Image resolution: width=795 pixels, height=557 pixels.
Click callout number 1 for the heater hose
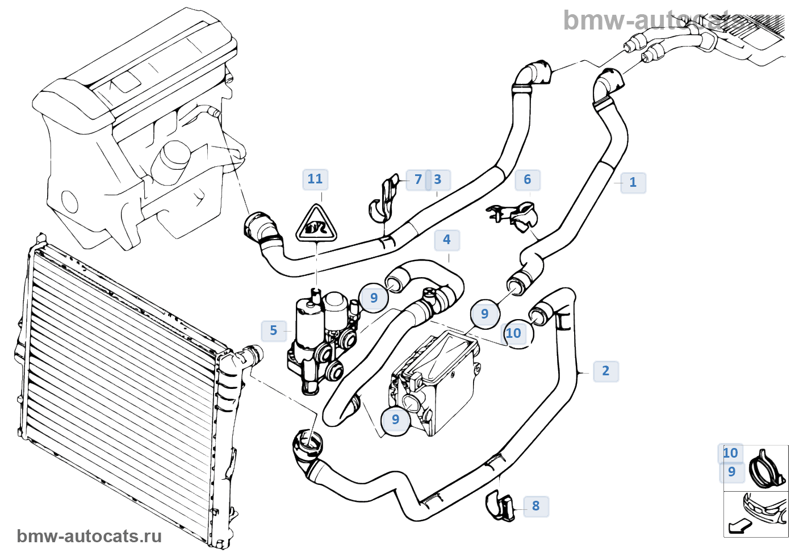(x=633, y=183)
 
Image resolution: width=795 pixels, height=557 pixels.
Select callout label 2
(x=605, y=371)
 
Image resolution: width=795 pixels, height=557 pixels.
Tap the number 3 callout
(x=438, y=180)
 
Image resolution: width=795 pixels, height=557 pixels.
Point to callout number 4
(x=447, y=240)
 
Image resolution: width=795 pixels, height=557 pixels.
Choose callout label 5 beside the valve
(x=274, y=330)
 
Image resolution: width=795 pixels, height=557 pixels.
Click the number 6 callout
(x=528, y=180)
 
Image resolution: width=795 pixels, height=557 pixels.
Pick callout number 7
(x=419, y=180)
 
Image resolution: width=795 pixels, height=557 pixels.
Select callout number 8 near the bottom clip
(x=535, y=506)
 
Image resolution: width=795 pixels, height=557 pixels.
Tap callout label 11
(x=315, y=179)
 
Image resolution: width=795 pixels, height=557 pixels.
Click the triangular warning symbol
(x=316, y=224)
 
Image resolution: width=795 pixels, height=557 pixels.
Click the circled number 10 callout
(x=514, y=333)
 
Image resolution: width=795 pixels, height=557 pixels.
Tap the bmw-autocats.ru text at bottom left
(x=89, y=537)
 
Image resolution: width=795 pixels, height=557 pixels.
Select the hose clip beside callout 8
(x=500, y=506)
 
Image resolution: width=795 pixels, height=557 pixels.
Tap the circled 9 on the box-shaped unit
(x=396, y=420)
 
